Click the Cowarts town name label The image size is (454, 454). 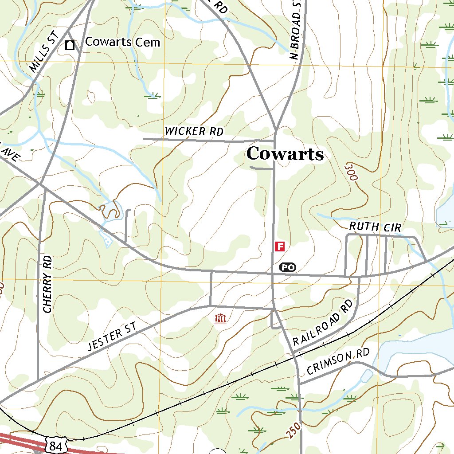[x=285, y=154]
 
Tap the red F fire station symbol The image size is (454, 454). [x=279, y=247]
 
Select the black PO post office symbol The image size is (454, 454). [x=287, y=267]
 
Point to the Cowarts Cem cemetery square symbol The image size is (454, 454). [x=70, y=45]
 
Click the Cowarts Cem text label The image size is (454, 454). [x=122, y=42]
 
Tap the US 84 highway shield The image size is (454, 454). [x=56, y=445]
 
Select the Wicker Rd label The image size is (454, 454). [x=194, y=131]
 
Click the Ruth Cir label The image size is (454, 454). [x=375, y=227]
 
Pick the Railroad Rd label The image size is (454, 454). [x=323, y=323]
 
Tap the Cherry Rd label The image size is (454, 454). [x=47, y=284]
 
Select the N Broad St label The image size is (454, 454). [x=295, y=29]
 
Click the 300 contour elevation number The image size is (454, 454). [x=351, y=171]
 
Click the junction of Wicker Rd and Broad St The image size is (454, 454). [x=275, y=141]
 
